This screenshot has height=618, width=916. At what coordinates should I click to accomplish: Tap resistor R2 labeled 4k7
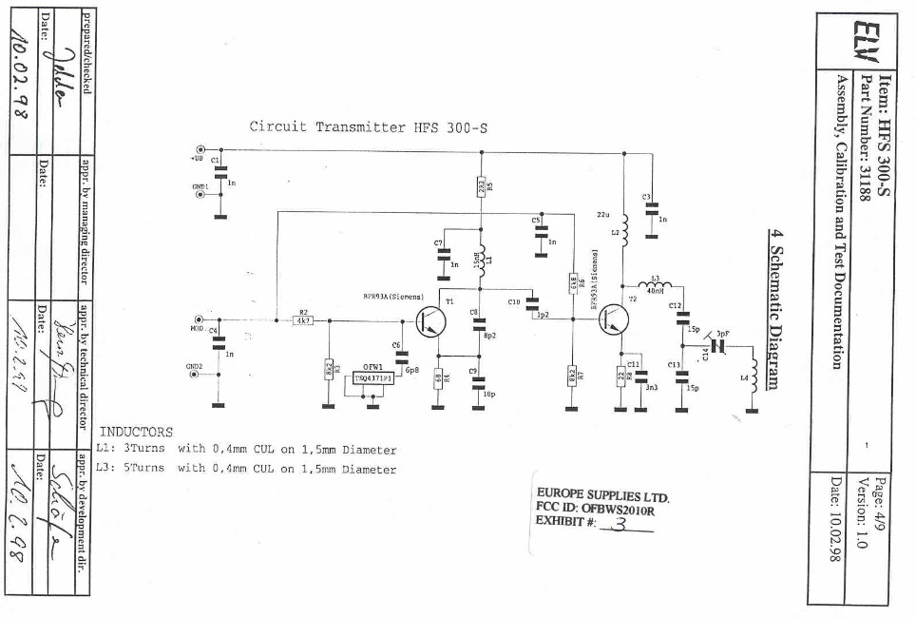point(304,320)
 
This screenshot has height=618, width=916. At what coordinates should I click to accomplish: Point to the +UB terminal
point(200,149)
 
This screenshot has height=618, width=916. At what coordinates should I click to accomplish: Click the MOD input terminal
point(199,320)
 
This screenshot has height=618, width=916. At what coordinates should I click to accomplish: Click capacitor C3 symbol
point(651,211)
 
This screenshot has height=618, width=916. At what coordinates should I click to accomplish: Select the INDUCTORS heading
point(137,432)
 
